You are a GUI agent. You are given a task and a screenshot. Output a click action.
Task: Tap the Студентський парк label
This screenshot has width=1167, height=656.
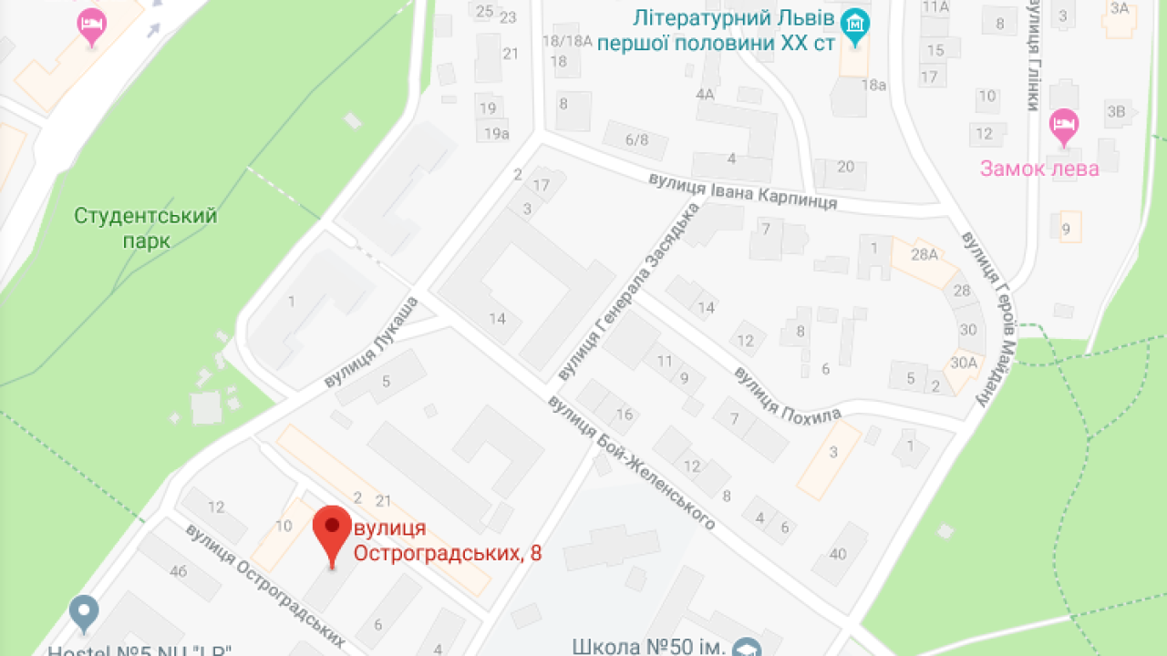click(146, 228)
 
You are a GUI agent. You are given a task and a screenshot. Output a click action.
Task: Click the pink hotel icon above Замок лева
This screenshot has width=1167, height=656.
click(1064, 126)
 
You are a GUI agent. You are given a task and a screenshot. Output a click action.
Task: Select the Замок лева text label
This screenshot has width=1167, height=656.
click(1039, 169)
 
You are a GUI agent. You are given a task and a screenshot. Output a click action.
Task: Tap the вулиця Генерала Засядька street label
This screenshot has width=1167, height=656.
click(626, 292)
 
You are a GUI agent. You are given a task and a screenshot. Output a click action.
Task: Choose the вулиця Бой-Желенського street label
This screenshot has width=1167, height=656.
click(630, 462)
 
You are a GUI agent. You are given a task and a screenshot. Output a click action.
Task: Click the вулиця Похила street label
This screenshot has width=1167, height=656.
click(787, 395)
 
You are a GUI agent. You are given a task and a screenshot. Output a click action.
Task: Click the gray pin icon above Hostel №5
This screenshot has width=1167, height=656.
click(85, 612)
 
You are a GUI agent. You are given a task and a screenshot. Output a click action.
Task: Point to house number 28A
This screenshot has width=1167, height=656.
click(924, 254)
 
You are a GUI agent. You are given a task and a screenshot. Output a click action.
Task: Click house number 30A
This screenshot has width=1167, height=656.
click(963, 362)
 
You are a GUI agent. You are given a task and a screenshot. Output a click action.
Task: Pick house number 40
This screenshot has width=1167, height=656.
click(838, 553)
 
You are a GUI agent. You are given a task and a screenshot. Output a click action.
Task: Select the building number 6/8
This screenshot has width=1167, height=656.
click(636, 139)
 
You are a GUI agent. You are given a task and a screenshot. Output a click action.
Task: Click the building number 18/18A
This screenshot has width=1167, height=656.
click(567, 40)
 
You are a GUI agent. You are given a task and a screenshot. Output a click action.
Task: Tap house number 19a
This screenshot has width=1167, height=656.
click(496, 134)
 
